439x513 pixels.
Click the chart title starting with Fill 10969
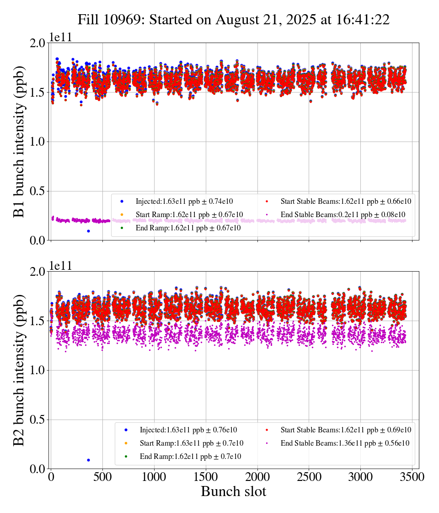coord(233,20)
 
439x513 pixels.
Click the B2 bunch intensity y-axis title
coord(19,370)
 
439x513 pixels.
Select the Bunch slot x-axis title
coord(233,491)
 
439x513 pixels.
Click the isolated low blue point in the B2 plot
coord(88,460)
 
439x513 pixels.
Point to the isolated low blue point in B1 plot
coord(88,231)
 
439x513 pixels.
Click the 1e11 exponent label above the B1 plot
coord(61,38)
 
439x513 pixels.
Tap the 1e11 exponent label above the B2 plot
coord(61,267)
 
